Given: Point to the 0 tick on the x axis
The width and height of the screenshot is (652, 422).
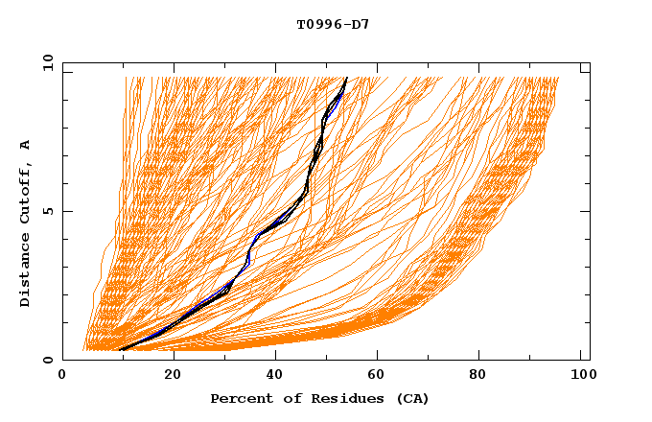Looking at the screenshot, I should tap(63, 376).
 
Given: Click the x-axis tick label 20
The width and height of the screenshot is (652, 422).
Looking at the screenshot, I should tap(173, 376).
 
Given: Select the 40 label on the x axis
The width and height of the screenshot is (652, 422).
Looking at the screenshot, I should tap(277, 376).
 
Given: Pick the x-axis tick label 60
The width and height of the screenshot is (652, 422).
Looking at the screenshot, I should tap(381, 376).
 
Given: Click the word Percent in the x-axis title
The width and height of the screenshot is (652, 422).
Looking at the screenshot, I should tap(238, 398).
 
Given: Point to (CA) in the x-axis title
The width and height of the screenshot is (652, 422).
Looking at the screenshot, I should tap(412, 398).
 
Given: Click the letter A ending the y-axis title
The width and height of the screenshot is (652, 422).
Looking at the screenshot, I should tap(25, 145).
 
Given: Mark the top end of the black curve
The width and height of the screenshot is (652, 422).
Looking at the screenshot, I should tap(346, 78).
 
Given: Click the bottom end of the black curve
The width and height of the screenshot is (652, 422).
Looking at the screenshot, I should tap(120, 350).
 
